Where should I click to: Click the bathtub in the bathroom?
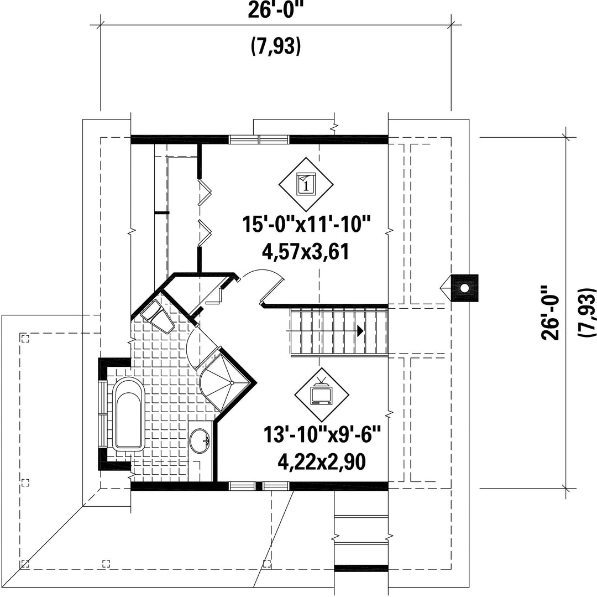(x=129, y=414)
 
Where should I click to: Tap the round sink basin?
(x=200, y=441)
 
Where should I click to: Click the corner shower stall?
(x=224, y=382)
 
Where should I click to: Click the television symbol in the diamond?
(x=322, y=393)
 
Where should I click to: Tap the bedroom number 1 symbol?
(x=306, y=184)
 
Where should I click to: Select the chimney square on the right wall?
(x=464, y=288)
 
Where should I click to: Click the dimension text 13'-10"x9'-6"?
(x=322, y=434)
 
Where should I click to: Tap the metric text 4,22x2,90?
(x=322, y=462)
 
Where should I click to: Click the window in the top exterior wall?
(x=259, y=139)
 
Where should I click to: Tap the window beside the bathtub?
(x=103, y=413)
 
